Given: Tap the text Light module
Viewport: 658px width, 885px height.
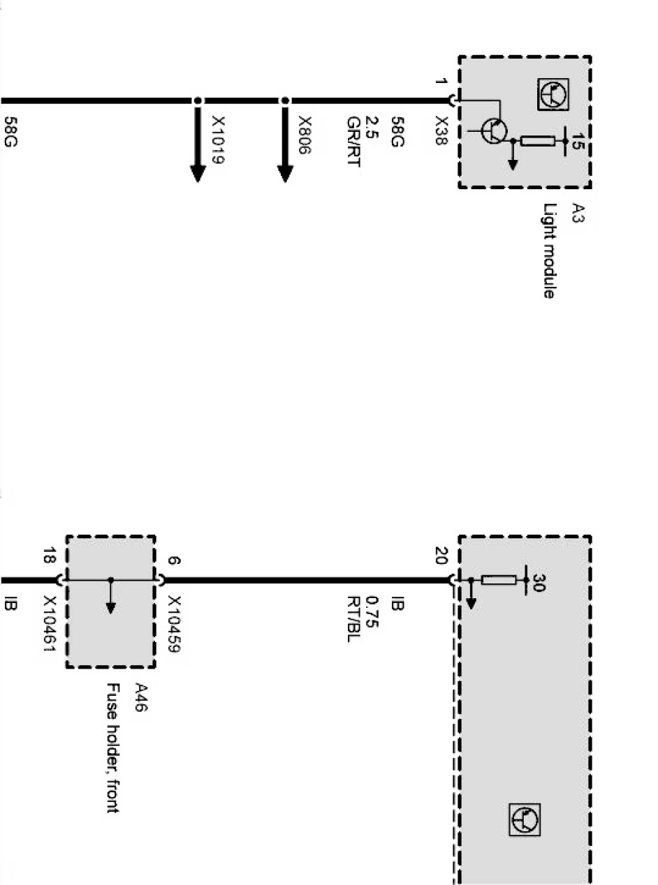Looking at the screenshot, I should click(x=549, y=251).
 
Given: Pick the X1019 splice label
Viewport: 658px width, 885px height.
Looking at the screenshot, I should click(x=219, y=140).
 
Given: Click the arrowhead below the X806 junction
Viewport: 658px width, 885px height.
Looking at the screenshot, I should click(x=284, y=172).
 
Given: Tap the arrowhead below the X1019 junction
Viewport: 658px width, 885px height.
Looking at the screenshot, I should click(x=198, y=172).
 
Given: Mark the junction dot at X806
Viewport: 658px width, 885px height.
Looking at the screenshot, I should click(x=284, y=101).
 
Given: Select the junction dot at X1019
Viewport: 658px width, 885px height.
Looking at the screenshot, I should click(x=198, y=101).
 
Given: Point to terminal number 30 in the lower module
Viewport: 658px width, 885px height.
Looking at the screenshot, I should click(x=538, y=581).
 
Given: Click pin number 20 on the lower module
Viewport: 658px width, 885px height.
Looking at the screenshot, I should click(x=441, y=556).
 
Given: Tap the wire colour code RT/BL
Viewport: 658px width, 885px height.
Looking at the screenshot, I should click(x=353, y=618).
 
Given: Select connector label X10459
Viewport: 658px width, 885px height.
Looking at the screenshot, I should click(x=174, y=625).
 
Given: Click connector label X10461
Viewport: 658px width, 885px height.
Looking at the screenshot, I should click(x=49, y=625).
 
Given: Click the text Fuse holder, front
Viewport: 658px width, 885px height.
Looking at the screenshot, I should click(x=112, y=748).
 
